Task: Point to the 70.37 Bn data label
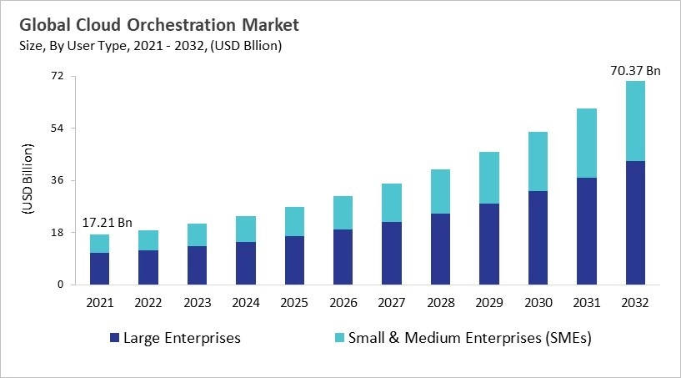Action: click(x=635, y=71)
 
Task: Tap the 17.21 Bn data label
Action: click(x=107, y=224)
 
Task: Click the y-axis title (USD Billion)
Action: click(x=28, y=180)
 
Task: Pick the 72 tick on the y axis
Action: click(x=58, y=77)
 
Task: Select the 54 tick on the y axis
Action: click(x=58, y=129)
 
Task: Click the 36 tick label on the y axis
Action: click(x=58, y=180)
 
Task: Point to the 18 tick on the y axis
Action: click(x=58, y=233)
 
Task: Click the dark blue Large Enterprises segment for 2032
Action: click(x=635, y=222)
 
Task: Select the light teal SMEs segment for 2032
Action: click(x=635, y=121)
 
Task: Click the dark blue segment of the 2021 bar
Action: click(x=100, y=268)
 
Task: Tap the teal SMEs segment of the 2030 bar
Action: click(x=538, y=161)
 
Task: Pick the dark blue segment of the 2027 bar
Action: click(x=392, y=253)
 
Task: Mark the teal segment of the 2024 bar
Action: click(x=246, y=229)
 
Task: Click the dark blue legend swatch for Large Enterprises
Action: click(x=114, y=338)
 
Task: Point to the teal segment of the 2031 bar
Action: click(x=587, y=143)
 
